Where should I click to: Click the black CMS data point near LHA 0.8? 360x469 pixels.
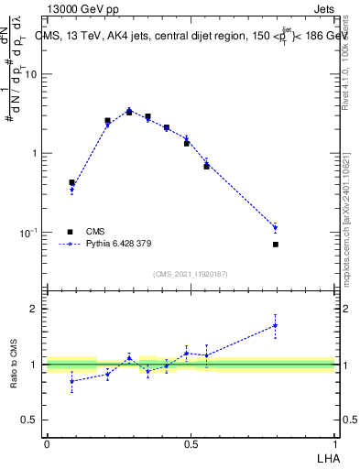pos(276,245)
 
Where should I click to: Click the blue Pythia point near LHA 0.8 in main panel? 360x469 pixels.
pos(276,227)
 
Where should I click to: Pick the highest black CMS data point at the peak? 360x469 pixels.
pos(129,112)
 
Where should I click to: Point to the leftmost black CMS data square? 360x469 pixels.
pos(71,182)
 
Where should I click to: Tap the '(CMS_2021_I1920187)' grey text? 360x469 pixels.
pos(191,274)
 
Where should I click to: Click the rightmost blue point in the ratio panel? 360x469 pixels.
pos(276,325)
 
